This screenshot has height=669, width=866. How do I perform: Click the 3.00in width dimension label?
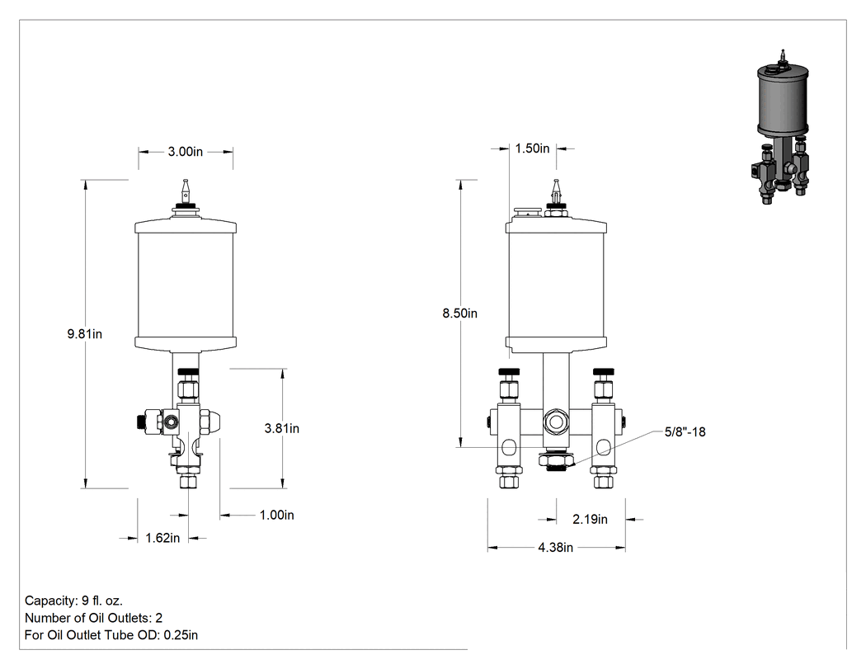[x=186, y=151]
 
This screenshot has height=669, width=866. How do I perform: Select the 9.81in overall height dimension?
[x=84, y=333]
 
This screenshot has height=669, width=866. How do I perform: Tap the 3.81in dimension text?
[x=282, y=428]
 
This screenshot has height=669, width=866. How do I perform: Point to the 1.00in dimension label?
[x=276, y=515]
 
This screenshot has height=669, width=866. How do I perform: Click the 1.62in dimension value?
[x=162, y=538]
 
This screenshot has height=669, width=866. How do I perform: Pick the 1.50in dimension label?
[x=533, y=148]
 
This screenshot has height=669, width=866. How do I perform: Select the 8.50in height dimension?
[x=459, y=313]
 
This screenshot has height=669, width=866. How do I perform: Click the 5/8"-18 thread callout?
[x=685, y=431]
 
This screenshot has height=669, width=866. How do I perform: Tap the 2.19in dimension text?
[x=590, y=520]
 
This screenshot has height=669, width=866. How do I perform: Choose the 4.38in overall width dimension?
[x=556, y=548]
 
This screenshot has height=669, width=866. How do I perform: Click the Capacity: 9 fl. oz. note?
[x=73, y=601]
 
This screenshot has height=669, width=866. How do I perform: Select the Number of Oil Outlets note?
[x=93, y=618]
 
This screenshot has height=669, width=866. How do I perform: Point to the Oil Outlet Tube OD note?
[x=111, y=634]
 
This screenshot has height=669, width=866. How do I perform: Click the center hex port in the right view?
[x=555, y=422]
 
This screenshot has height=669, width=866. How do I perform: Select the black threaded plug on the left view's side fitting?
[x=138, y=422]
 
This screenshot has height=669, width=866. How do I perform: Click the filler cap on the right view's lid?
[x=528, y=211]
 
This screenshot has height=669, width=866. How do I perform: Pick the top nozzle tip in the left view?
[x=186, y=191]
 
